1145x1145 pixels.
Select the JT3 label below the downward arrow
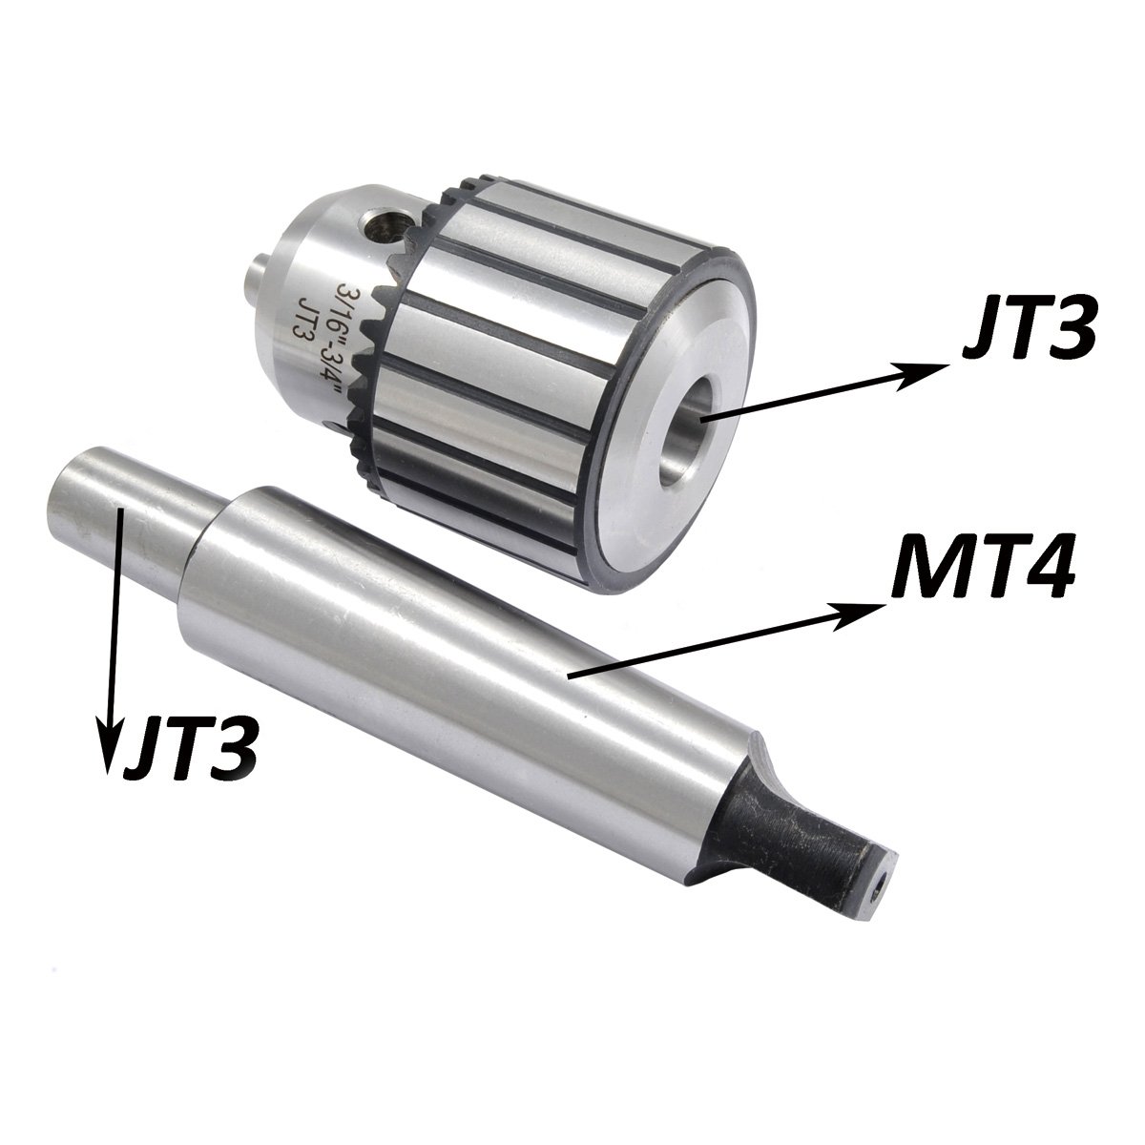point(187,741)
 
